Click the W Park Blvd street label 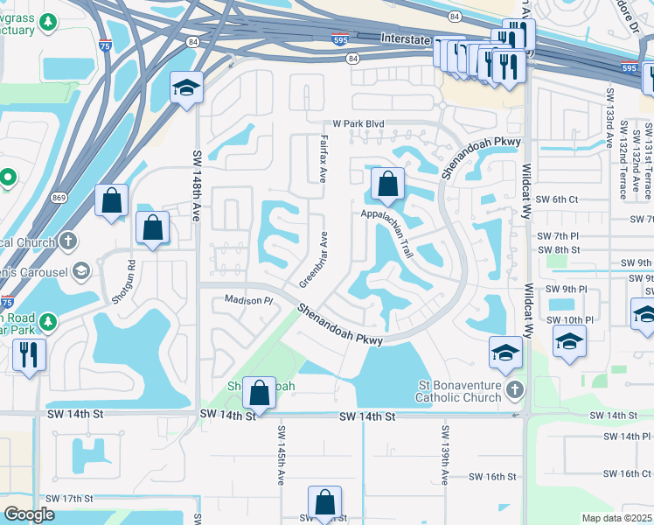tap(358, 125)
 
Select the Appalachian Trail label tap(386, 231)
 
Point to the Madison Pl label tap(249, 299)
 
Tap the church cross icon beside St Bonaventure tap(516, 388)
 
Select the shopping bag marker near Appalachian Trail tap(387, 185)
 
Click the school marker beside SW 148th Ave tap(185, 88)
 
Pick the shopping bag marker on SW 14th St tap(260, 393)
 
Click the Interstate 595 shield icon tap(339, 38)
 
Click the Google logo tap(29, 514)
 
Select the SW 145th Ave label tap(282, 449)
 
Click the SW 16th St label tap(493, 477)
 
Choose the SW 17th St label tap(70, 499)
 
